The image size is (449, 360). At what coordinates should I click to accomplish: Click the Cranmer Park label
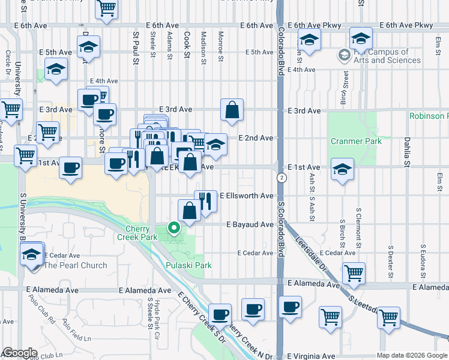348,141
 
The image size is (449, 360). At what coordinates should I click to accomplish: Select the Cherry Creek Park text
141,233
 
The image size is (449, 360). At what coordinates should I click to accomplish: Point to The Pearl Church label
76,265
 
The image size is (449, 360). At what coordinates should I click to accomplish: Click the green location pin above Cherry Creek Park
174,228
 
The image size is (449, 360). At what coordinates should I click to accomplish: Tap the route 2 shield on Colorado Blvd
281,178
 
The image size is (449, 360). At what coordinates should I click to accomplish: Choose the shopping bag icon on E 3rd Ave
232,109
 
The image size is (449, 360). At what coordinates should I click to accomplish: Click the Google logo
20,353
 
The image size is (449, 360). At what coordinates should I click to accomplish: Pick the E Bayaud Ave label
250,224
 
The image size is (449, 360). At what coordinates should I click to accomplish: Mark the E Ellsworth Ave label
247,196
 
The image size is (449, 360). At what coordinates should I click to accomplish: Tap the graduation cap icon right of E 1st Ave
342,169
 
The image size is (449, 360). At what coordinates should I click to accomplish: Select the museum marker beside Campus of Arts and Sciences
345,56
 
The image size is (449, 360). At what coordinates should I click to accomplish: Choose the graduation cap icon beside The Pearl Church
31,254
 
